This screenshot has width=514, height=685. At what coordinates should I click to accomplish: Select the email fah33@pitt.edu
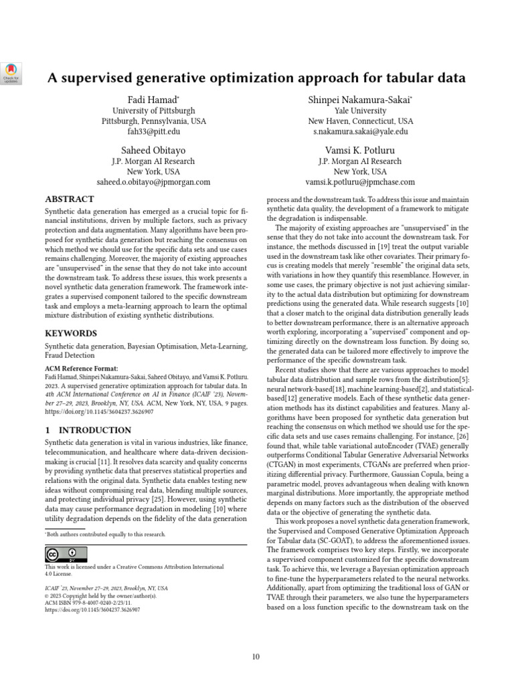pyautogui.click(x=154, y=132)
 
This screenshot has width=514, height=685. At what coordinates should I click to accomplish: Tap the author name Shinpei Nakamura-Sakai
pyautogui.click(x=359, y=100)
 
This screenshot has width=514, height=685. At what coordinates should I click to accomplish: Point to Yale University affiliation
pyautogui.click(x=360, y=110)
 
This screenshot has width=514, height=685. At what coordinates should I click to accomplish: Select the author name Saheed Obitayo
pyautogui.click(x=153, y=150)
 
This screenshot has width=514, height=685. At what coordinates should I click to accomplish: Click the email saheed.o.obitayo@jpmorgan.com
pyautogui.click(x=154, y=181)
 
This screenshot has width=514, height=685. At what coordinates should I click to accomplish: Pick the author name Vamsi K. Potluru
pyautogui.click(x=360, y=150)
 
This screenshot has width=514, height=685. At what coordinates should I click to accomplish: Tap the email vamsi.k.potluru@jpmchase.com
pyautogui.click(x=360, y=181)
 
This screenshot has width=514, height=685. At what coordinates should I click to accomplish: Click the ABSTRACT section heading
pyautogui.click(x=70, y=199)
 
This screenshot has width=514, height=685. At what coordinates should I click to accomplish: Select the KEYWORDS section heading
pyautogui.click(x=71, y=332)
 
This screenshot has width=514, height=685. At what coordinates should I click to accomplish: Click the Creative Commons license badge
pyautogui.click(x=66, y=555)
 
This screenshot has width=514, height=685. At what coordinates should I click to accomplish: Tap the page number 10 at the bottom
pyautogui.click(x=256, y=656)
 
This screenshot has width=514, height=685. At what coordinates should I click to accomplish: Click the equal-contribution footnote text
pyautogui.click(x=106, y=534)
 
